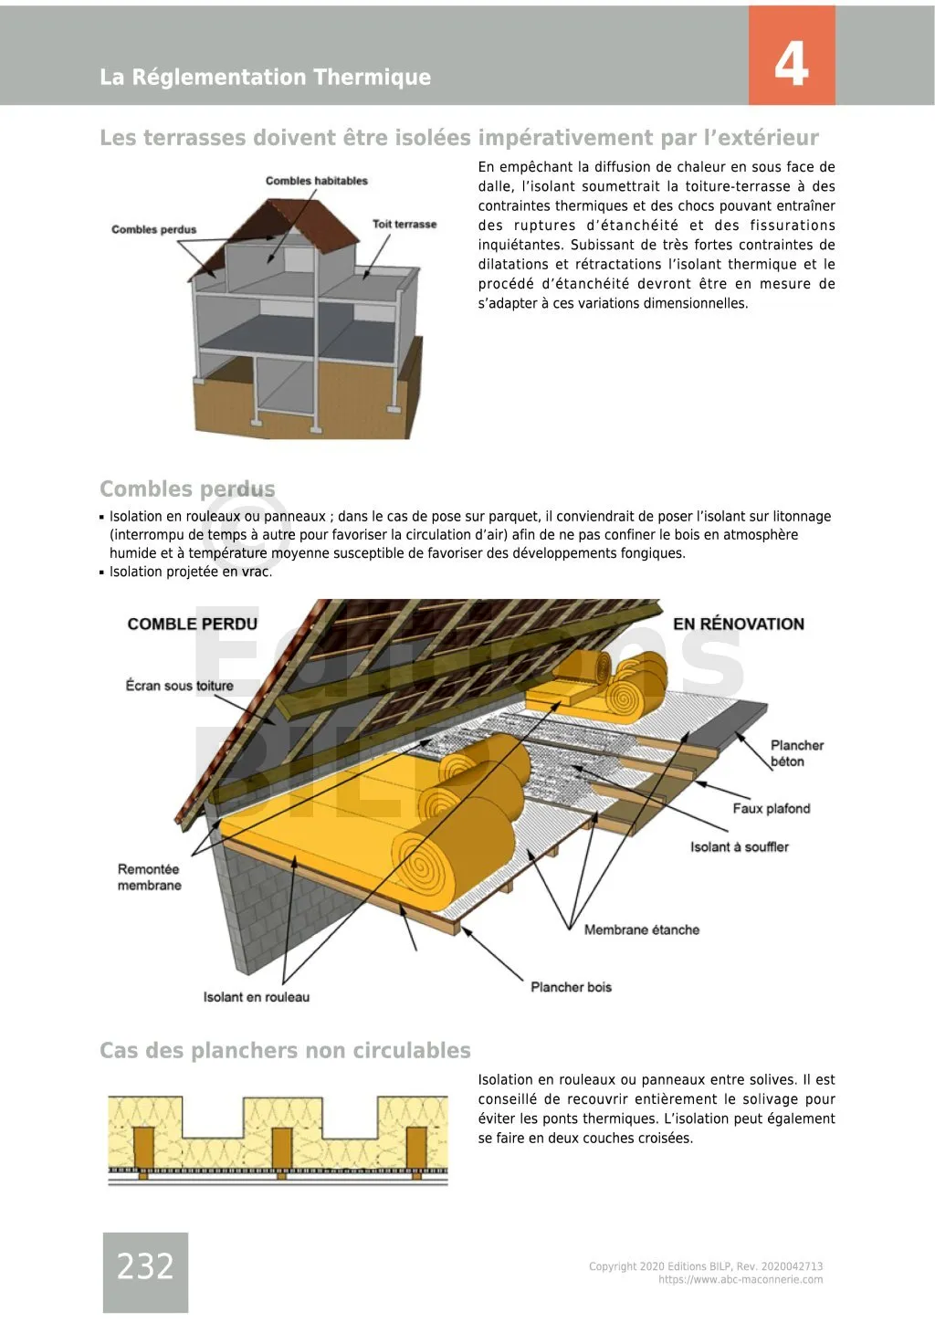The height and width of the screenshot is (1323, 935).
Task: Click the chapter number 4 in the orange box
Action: (791, 63)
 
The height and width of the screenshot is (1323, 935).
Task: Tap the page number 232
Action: (145, 1266)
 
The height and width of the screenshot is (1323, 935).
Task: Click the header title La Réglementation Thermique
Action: (265, 77)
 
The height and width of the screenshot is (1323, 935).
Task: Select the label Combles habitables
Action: (316, 181)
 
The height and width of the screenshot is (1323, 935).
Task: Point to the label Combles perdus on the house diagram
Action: (153, 229)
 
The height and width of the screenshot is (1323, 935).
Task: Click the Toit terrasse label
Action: (404, 224)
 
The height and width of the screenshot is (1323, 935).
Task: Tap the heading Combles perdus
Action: (186, 488)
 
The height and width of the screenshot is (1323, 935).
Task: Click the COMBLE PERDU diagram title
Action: (192, 624)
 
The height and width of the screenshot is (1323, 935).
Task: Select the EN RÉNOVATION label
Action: (739, 624)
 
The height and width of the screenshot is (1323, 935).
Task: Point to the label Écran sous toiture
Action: (179, 686)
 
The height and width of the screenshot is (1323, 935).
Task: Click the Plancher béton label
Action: (796, 753)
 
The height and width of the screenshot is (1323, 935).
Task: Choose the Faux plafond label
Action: (771, 808)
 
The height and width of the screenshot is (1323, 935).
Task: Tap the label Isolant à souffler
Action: (739, 846)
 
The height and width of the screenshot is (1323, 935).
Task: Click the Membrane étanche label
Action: (641, 929)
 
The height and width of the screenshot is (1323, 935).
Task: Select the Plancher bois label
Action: (571, 987)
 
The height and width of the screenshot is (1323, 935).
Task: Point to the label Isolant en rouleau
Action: (256, 997)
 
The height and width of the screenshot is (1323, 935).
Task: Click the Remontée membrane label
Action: (149, 877)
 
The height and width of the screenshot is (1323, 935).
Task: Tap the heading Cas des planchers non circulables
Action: (285, 1050)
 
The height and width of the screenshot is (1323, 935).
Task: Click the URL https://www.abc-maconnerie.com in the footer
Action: (741, 1280)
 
